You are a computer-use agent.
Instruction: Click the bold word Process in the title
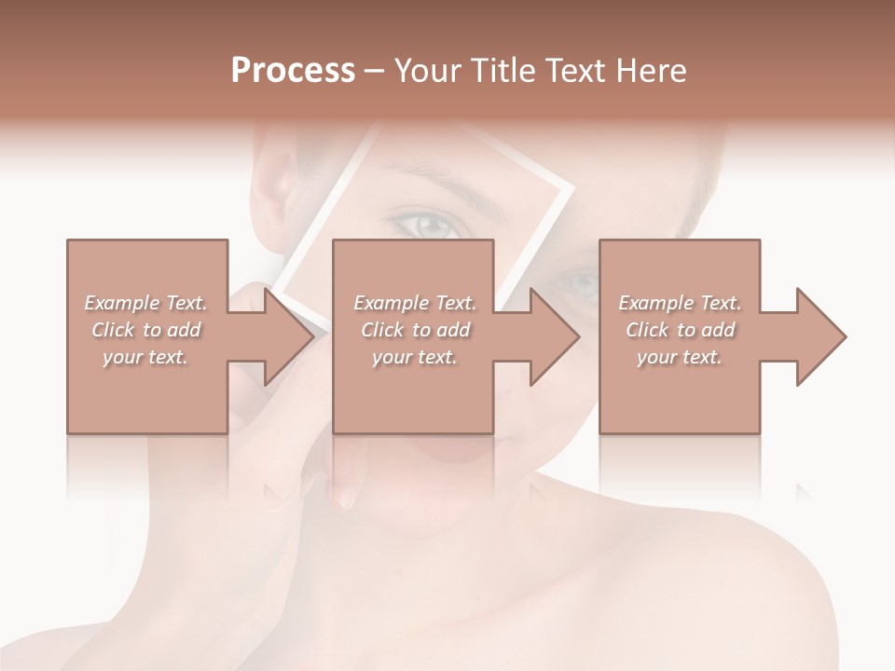click(293, 71)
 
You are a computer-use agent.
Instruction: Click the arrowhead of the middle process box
click(554, 336)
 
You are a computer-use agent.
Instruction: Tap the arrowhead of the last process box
click(820, 336)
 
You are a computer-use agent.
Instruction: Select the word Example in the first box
click(121, 303)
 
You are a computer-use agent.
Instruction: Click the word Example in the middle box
click(391, 303)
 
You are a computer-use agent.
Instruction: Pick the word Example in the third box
click(655, 303)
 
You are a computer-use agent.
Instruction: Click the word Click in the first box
click(113, 330)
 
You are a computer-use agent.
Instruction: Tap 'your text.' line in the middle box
click(414, 357)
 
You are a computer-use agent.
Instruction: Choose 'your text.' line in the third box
click(679, 357)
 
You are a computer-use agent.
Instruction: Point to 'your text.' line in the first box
click(145, 357)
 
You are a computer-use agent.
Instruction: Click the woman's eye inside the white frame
click(424, 224)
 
